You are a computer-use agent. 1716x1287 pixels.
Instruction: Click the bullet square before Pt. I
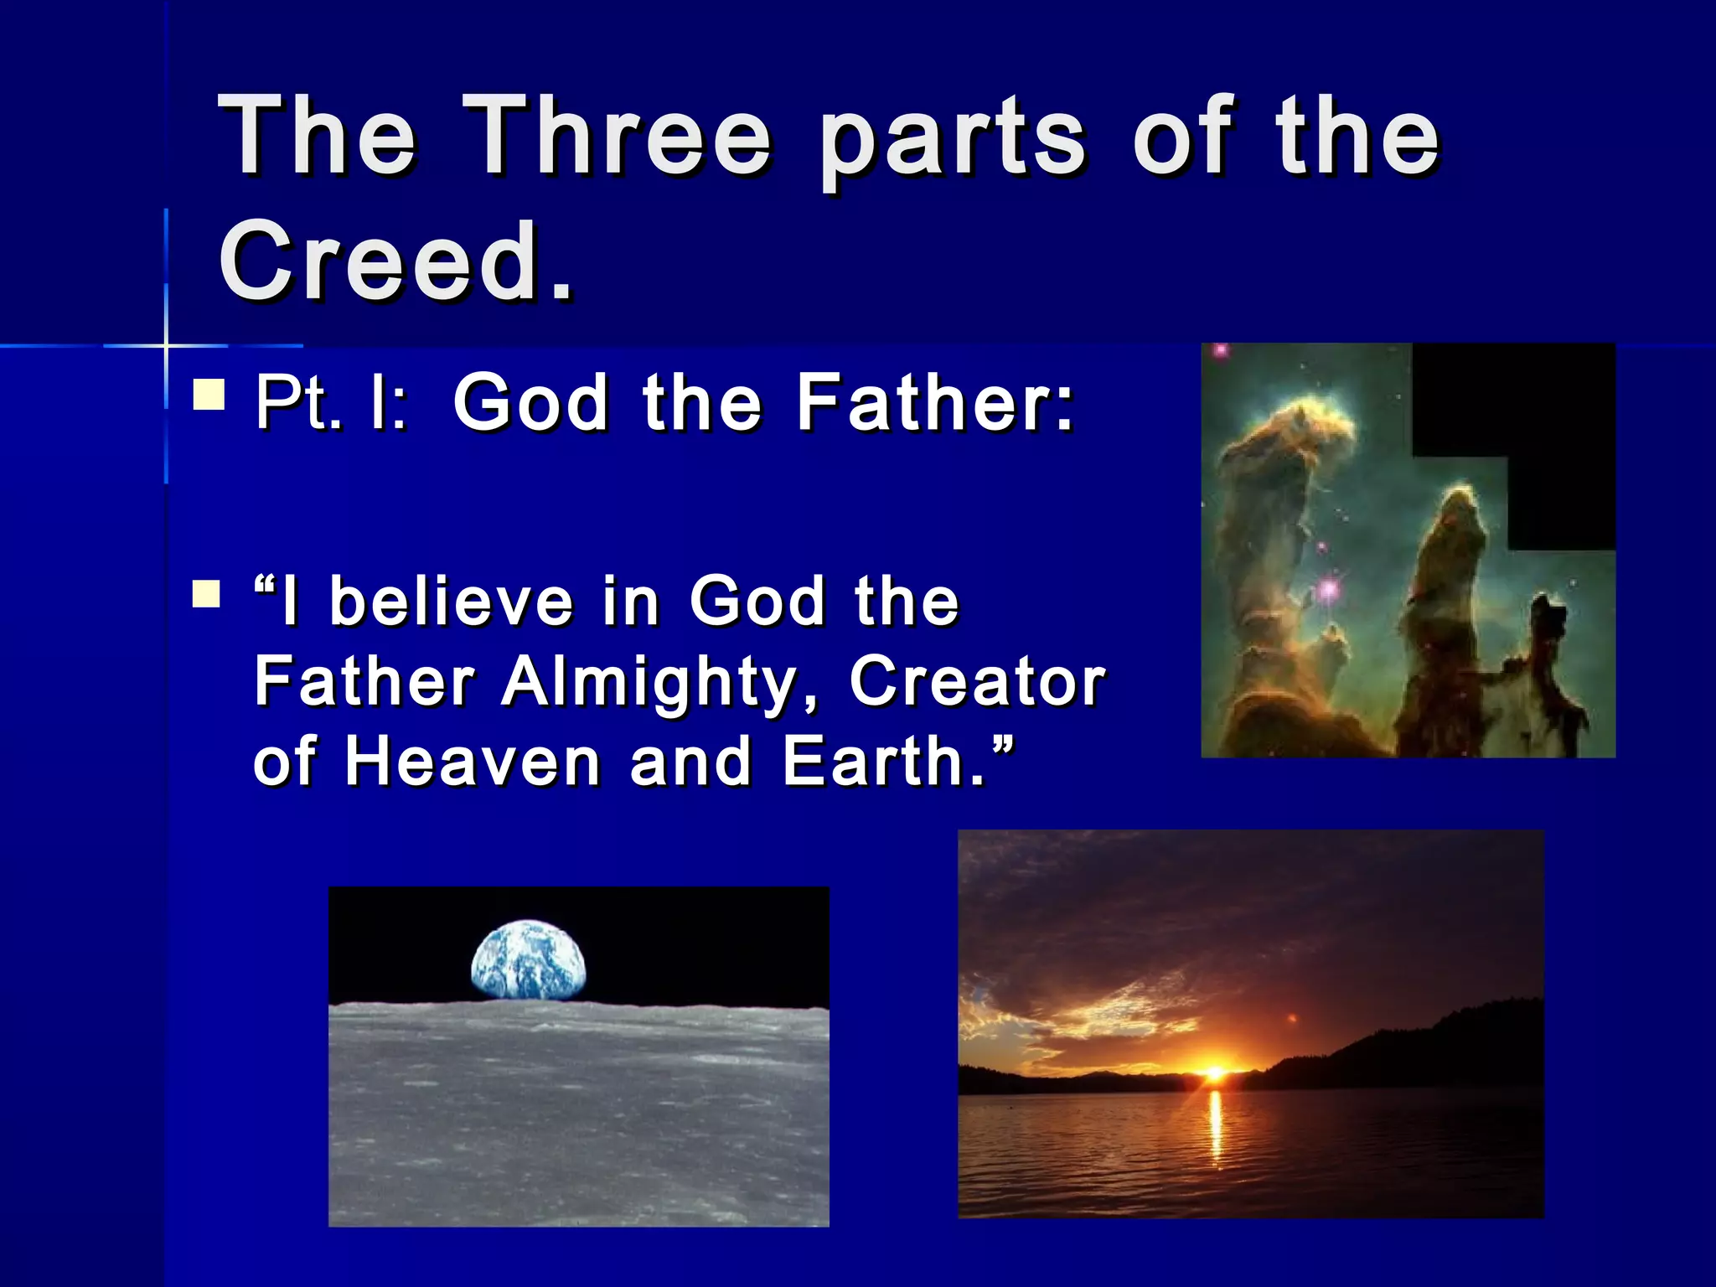209,394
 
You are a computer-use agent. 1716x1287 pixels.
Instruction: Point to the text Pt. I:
332,403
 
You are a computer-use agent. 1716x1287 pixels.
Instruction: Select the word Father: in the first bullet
934,403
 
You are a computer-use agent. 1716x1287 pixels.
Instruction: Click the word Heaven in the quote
473,762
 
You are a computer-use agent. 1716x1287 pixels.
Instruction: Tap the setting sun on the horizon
1214,1072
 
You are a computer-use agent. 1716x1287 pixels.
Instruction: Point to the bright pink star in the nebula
1328,590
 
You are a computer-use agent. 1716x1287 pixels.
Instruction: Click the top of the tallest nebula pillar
1315,419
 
